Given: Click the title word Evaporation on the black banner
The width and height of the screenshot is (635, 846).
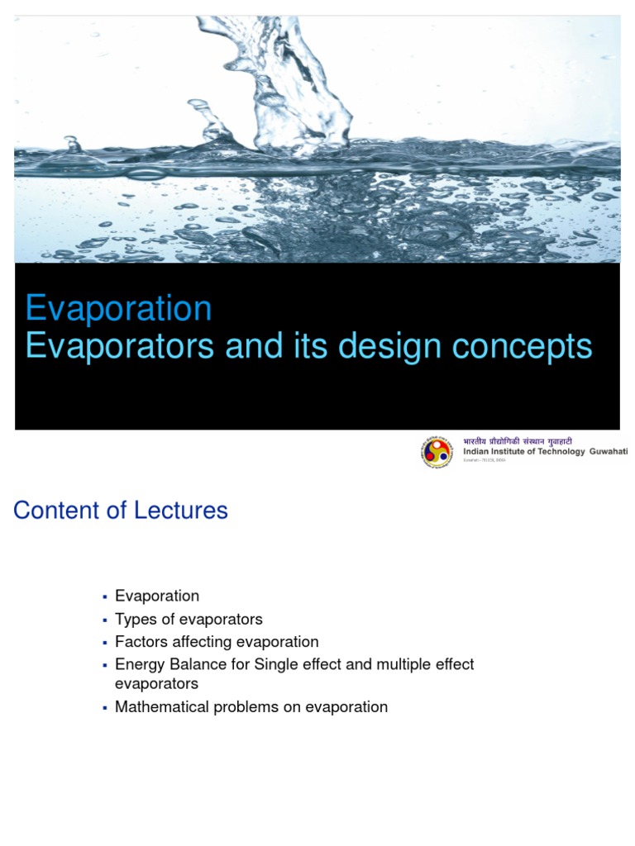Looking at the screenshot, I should pos(118,308).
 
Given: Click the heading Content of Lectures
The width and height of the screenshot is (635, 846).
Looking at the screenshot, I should pos(121,511).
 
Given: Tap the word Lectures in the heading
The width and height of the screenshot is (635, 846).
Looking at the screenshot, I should pos(187,511).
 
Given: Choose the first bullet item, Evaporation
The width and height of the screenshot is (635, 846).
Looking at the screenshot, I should pos(157,596).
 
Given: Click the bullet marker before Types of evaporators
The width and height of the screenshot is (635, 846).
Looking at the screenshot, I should pos(105,620).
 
